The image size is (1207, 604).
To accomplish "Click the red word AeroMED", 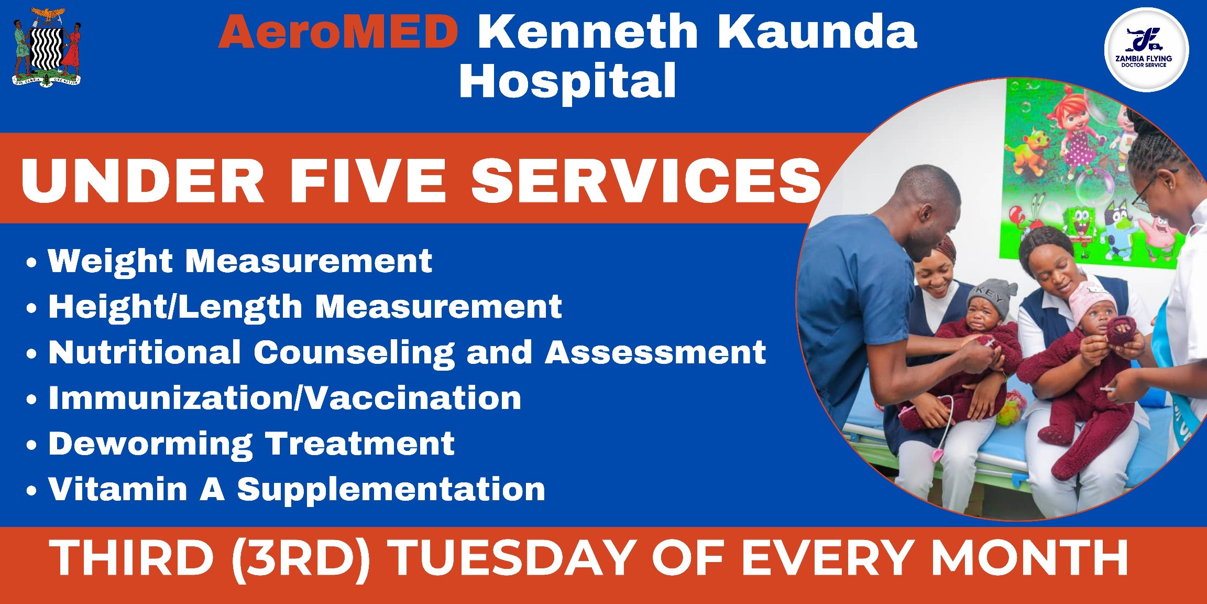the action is (x=338, y=32).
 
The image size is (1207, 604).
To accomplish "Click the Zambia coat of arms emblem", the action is (x=47, y=47).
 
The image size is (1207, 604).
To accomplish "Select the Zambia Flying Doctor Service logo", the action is (x=1146, y=50).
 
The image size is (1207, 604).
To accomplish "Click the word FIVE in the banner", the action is (x=368, y=180).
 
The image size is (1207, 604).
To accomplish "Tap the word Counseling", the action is (x=354, y=352).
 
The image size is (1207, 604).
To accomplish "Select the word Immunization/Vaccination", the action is (x=285, y=398).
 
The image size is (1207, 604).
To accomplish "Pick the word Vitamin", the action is (x=118, y=489).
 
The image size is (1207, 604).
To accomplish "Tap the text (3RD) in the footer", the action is (x=301, y=559).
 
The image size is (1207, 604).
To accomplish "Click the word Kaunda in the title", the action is (x=817, y=32).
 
